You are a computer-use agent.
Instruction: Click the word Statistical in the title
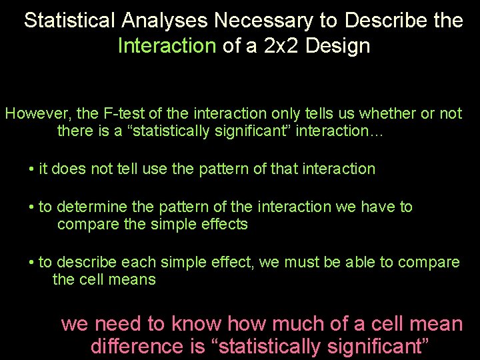(70, 21)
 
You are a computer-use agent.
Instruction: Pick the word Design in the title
(345, 47)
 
